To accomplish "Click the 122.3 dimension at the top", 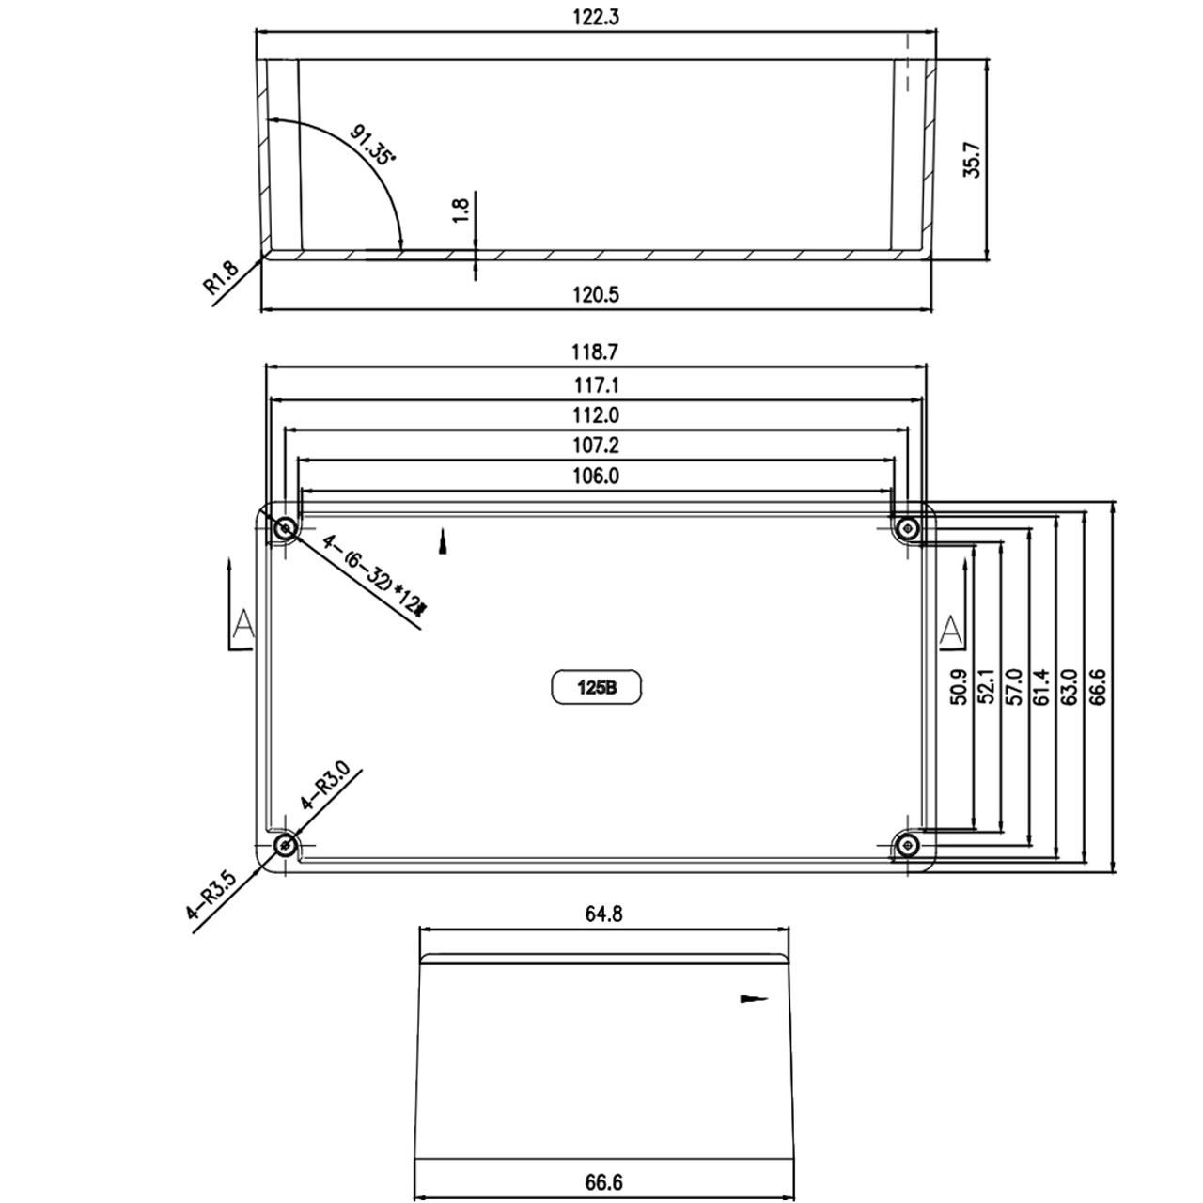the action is tap(596, 18).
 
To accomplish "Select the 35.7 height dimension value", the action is tap(973, 160).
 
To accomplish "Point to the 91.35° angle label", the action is tap(373, 145).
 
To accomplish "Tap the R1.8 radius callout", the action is tap(221, 278).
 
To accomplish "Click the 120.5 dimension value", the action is tap(596, 294).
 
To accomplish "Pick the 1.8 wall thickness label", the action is tap(461, 211).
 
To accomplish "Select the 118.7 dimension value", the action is tap(595, 352).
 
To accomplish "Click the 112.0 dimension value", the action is tap(596, 414).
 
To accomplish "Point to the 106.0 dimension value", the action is tap(596, 477).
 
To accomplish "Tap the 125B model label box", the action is tap(596, 687).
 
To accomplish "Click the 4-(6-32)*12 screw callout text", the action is tap(374, 575).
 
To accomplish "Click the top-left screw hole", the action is tap(286, 529).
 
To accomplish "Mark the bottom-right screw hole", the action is tap(906, 846).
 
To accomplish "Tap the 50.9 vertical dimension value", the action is tap(959, 687).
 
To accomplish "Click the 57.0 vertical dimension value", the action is tap(1014, 687).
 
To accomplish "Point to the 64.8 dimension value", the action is tap(603, 914).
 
